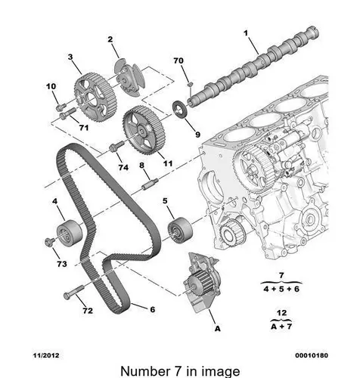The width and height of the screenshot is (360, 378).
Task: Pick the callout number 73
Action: [61, 264]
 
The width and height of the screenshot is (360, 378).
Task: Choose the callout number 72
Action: [88, 311]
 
